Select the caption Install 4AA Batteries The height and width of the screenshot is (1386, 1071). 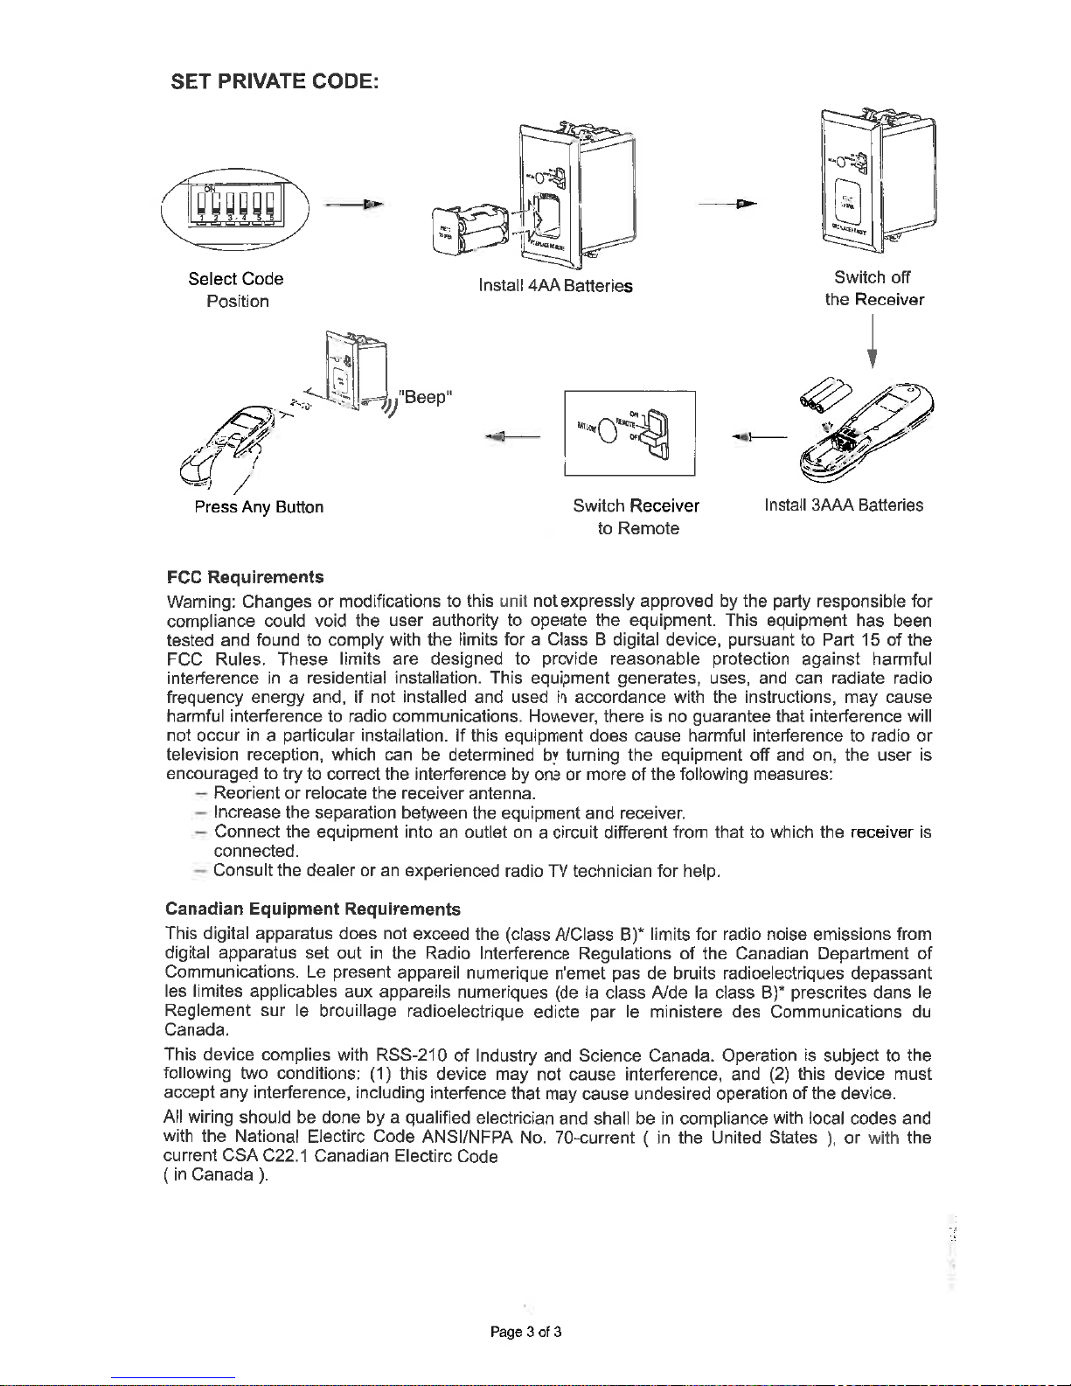555,286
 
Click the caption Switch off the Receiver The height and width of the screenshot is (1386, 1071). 873,289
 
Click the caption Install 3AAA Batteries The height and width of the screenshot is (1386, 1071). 844,505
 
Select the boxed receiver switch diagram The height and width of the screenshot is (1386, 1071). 629,434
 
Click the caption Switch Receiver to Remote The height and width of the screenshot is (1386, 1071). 636,517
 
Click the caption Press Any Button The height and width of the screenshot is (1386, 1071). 259,507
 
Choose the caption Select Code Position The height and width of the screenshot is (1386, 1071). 237,290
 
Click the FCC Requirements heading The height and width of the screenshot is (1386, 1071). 245,577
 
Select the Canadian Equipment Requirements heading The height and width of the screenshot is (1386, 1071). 313,909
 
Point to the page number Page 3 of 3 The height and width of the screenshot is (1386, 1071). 525,1333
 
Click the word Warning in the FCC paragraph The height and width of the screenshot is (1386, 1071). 200,602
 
